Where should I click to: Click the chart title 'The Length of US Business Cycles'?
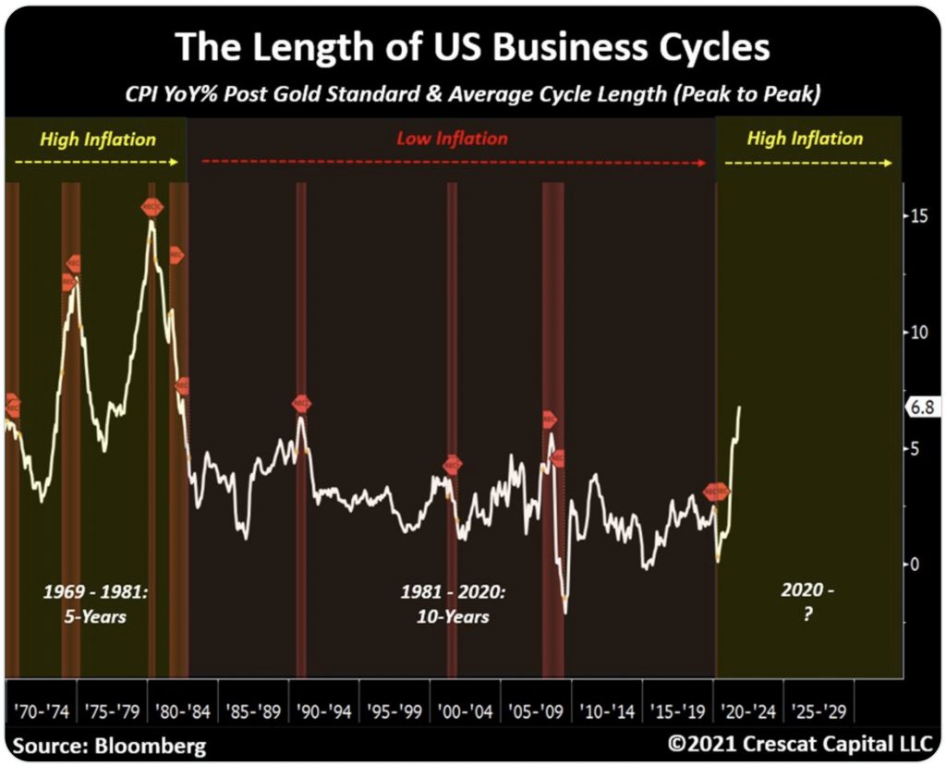pos(472,47)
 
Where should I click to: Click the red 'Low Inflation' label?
pos(453,139)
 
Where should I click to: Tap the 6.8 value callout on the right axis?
pos(920,407)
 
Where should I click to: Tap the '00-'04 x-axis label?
pos(466,712)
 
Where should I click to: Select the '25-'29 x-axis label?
pos(819,712)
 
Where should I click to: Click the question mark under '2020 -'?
pos(807,614)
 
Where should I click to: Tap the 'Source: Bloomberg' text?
pos(110,745)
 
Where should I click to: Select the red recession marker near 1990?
pos(302,404)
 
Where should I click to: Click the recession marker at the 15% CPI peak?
pos(152,207)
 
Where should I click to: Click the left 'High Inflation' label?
pos(98,140)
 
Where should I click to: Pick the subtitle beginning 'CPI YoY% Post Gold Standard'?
pos(472,93)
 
